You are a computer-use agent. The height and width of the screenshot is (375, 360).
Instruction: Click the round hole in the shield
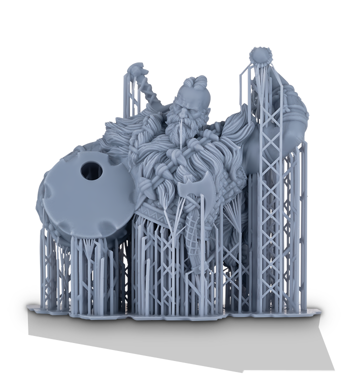tap(92, 171)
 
